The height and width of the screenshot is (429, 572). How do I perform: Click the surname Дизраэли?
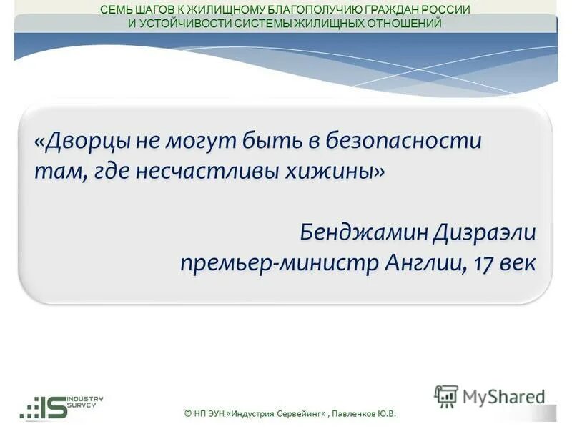(480, 232)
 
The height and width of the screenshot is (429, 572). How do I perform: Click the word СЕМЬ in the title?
(114, 10)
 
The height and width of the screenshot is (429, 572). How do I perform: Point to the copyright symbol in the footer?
(187, 413)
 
